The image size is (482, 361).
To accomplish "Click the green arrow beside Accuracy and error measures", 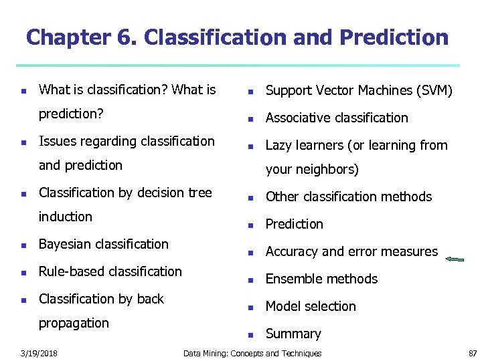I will [455, 259].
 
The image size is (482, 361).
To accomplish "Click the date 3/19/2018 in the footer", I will [39, 353].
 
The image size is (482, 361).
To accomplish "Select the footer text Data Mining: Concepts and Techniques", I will [252, 353].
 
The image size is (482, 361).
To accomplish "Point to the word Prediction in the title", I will [394, 37].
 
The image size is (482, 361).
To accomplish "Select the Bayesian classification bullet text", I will [104, 244].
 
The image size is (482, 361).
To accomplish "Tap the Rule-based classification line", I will [110, 271].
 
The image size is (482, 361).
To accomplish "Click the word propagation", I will [74, 323].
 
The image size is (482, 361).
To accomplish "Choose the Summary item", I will [293, 334].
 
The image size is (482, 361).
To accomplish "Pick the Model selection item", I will [311, 306].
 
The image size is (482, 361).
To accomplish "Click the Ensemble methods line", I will [321, 279].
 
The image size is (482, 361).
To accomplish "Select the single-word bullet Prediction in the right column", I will [294, 224].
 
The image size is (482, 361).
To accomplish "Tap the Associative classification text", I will [337, 118].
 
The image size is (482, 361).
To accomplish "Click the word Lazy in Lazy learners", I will [279, 145].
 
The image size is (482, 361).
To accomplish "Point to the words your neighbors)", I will [312, 169].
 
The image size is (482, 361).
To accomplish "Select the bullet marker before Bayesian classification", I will [23, 245].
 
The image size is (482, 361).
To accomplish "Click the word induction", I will [66, 217].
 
